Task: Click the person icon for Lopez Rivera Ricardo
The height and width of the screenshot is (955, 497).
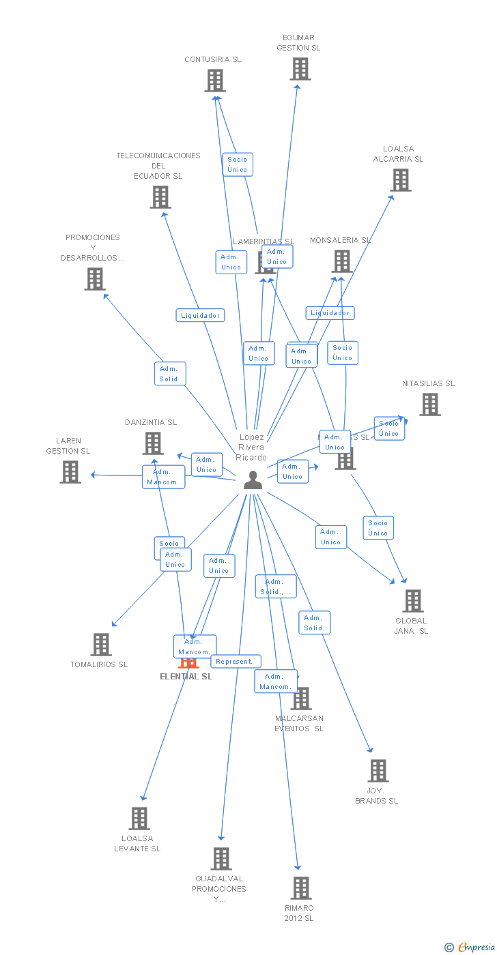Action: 253,480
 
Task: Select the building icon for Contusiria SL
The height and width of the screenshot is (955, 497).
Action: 215,80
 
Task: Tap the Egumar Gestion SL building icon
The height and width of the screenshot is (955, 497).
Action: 300,69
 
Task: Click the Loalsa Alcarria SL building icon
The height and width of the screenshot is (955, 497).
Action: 401,180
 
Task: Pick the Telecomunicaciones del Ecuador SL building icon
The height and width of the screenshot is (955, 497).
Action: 160,197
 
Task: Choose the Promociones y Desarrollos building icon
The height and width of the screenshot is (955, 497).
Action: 95,278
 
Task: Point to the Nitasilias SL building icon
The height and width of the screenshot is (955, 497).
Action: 429,405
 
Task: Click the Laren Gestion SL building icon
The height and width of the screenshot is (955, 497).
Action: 70,472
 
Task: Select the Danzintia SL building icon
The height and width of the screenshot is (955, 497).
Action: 153,443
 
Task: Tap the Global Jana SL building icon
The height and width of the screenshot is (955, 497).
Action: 412,601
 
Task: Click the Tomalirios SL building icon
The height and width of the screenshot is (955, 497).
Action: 101,645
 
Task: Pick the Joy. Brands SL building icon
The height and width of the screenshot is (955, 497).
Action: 378,771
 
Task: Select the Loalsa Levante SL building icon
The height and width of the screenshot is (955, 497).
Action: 139,819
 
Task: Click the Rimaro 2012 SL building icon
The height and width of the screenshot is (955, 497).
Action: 301,888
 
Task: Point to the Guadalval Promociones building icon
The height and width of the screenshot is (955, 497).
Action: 221,859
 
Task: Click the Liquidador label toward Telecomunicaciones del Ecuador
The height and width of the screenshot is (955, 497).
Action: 200,315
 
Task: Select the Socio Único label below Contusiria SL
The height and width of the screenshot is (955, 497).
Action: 238,164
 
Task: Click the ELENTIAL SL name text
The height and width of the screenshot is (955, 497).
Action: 186,677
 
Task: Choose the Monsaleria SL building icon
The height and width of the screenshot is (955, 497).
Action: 341,261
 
